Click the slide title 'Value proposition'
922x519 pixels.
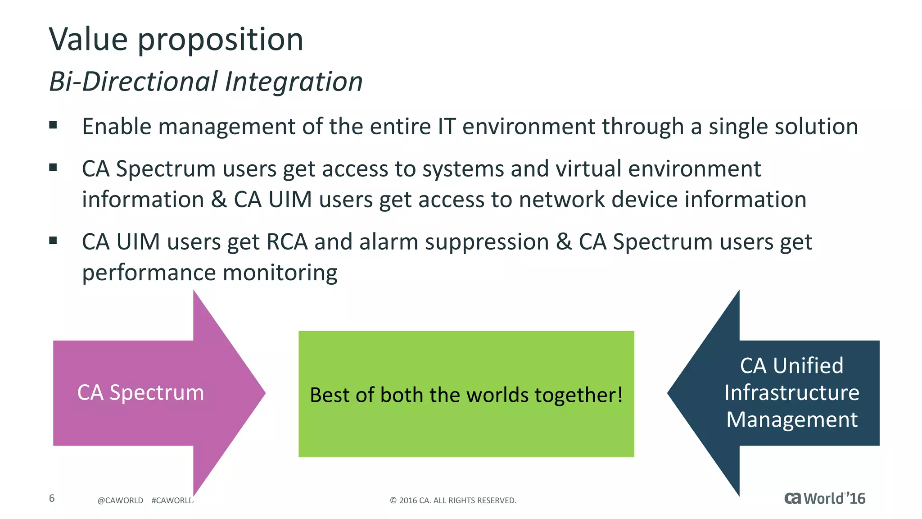pos(176,40)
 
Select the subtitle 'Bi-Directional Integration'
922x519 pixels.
pos(206,82)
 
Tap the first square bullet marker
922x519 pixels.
pos(53,125)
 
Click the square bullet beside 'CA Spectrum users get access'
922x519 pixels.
pos(53,168)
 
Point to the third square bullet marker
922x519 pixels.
pos(53,241)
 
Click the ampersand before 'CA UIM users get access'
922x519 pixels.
pos(219,200)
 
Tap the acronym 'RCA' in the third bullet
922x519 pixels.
pos(287,242)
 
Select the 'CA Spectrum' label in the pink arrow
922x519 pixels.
pos(140,392)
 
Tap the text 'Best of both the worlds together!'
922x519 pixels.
pos(466,395)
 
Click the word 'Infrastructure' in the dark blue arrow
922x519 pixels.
pos(791,392)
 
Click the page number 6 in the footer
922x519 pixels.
pos(52,498)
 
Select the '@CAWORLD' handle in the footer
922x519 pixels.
pos(120,501)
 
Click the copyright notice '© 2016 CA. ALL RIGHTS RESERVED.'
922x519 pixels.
pos(453,501)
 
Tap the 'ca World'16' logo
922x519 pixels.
pos(824,499)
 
